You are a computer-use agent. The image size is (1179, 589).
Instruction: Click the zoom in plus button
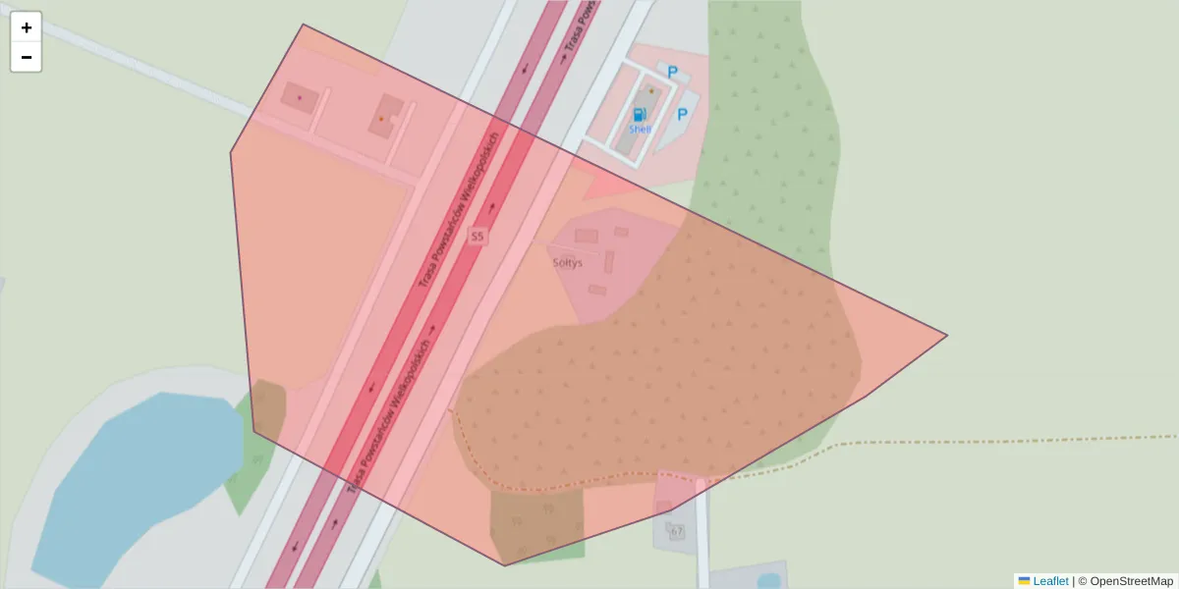pos(27,27)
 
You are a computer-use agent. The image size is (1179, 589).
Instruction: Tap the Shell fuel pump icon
pos(640,114)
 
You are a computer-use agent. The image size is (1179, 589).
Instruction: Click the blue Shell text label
pos(640,129)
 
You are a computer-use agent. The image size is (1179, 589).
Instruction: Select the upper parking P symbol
pos(673,72)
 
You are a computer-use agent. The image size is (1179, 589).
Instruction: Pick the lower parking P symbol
pos(682,115)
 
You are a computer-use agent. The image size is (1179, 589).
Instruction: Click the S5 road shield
pos(477,237)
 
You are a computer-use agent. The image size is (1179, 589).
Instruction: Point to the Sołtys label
pos(567,263)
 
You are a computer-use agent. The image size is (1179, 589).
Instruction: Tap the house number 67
pos(676,531)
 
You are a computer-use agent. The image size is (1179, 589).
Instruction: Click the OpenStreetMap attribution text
pos(1131,581)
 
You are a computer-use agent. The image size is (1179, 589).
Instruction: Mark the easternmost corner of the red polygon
pos(947,336)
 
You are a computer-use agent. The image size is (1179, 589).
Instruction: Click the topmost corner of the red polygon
pos(303,25)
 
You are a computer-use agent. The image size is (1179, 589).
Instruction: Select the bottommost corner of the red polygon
pos(505,565)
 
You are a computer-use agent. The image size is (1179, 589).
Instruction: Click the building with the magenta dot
pos(299,97)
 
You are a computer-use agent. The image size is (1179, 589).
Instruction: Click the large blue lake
pos(138,481)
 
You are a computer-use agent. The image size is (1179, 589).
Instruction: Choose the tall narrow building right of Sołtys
pos(609,262)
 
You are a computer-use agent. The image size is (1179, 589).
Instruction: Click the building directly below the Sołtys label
pos(596,290)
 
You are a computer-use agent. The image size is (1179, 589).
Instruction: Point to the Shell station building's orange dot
pos(651,91)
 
